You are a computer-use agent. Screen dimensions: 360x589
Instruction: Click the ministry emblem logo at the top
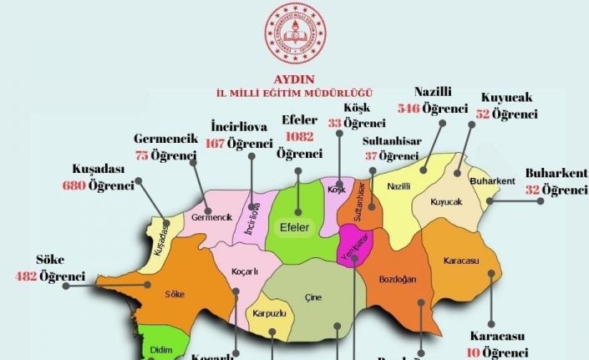point(296,35)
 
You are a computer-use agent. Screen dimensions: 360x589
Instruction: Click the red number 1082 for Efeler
point(298,136)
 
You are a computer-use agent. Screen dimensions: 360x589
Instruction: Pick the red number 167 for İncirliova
point(220,144)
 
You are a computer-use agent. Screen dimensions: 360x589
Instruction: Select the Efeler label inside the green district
point(294,227)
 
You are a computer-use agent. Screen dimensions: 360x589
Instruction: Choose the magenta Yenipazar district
point(354,244)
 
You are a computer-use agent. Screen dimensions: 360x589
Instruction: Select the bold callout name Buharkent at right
point(556,174)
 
